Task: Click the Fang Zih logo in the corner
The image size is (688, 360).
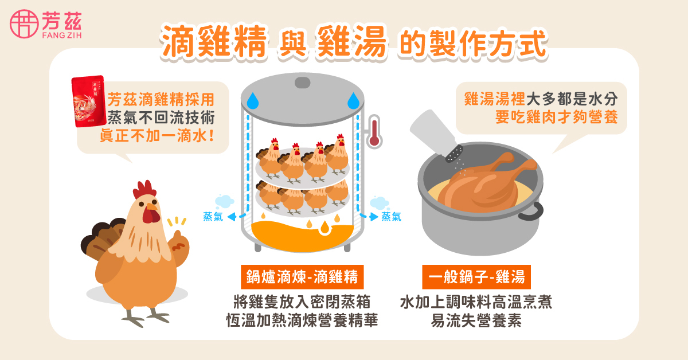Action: coord(46,24)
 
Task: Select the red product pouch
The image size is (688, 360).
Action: coord(88,104)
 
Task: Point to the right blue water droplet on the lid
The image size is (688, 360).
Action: coord(353,101)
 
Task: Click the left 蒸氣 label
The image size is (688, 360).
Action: coord(213,217)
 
